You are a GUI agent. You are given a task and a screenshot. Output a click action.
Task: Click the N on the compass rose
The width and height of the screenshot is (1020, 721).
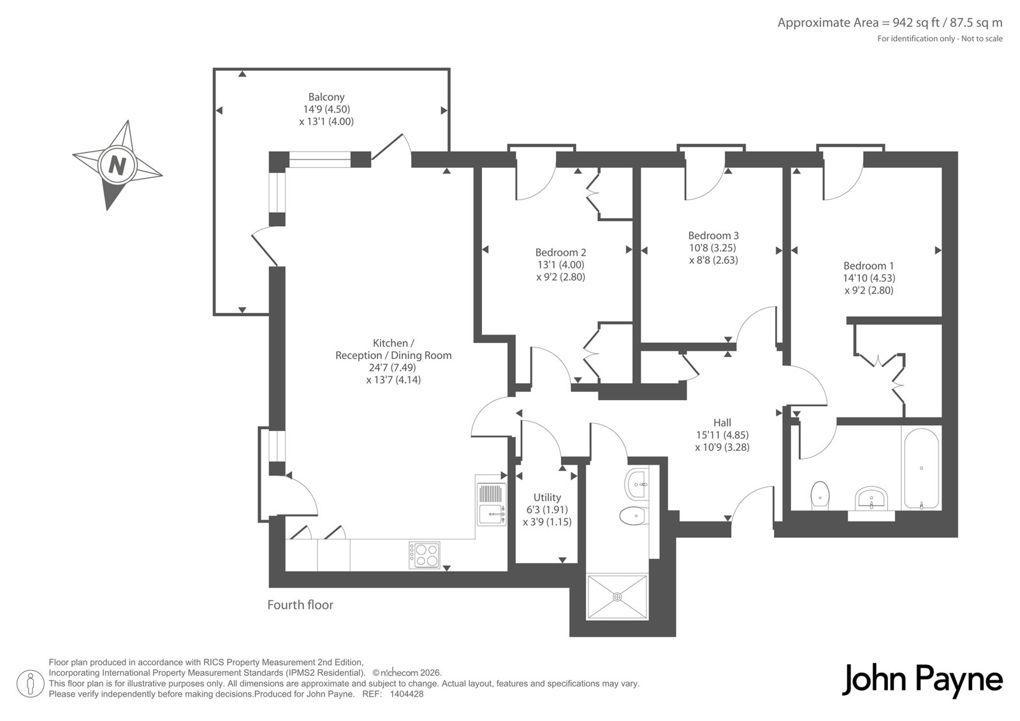pyautogui.click(x=117, y=165)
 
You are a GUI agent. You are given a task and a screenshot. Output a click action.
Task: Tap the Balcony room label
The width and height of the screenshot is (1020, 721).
pyautogui.click(x=326, y=97)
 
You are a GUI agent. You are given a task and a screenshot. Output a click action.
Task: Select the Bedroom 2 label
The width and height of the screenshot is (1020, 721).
pyautogui.click(x=560, y=252)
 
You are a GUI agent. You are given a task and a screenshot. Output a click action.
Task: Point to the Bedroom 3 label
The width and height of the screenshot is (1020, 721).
pyautogui.click(x=713, y=235)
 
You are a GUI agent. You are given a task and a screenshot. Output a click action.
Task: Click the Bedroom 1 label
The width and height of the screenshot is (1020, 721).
pyautogui.click(x=869, y=266)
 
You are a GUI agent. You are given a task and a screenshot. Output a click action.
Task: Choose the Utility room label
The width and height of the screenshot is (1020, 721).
pyautogui.click(x=548, y=497)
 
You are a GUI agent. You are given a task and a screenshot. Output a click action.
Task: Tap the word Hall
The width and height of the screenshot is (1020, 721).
pyautogui.click(x=722, y=423)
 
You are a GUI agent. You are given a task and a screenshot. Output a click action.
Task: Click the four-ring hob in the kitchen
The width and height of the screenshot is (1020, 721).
pyautogui.click(x=425, y=555)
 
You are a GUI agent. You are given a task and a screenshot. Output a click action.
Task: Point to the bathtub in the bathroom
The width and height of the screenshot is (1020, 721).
pyautogui.click(x=921, y=468)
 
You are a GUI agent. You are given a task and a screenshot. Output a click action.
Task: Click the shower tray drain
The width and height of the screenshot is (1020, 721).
pyautogui.click(x=618, y=597)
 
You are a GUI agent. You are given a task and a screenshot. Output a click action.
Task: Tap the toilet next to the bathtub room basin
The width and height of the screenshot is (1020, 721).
pyautogui.click(x=820, y=496)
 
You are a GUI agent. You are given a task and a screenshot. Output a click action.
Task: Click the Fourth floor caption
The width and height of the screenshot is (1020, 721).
pyautogui.click(x=300, y=605)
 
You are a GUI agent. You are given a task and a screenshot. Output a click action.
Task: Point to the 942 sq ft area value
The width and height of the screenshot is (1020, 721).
pyautogui.click(x=905, y=23)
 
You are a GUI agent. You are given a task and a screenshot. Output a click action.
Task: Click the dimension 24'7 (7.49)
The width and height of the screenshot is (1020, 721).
pyautogui.click(x=393, y=368)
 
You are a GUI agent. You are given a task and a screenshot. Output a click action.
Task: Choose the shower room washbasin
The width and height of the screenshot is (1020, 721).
pyautogui.click(x=637, y=484)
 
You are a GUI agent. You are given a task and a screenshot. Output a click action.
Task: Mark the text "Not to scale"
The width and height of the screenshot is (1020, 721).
pyautogui.click(x=982, y=39)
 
